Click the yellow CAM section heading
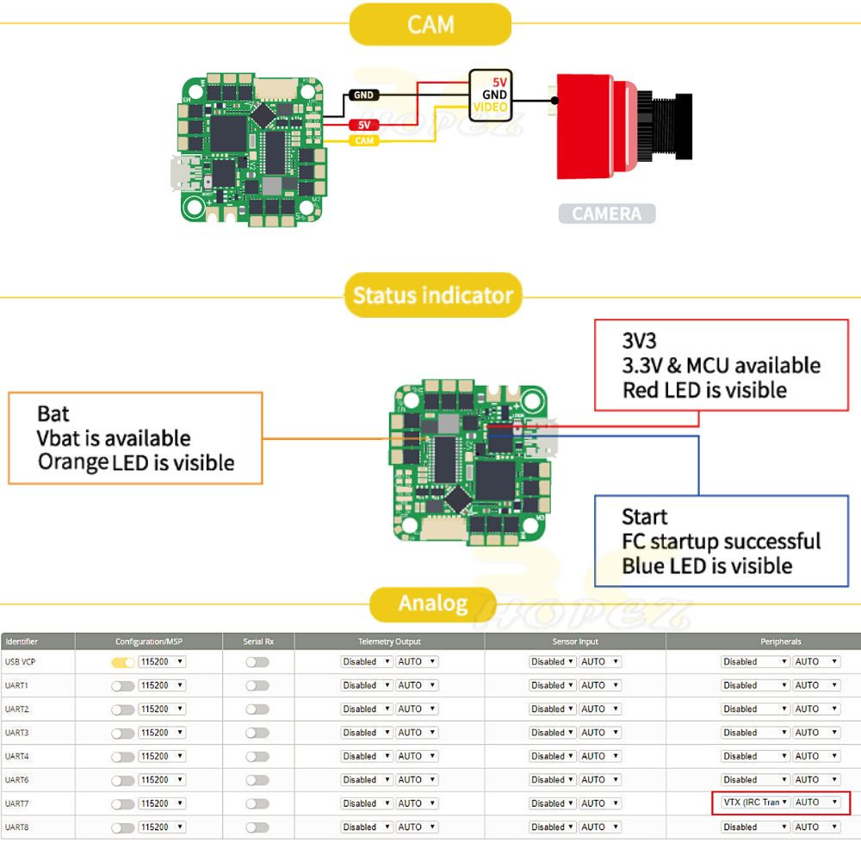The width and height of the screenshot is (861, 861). pyautogui.click(x=430, y=24)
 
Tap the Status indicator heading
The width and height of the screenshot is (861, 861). pyautogui.click(x=432, y=296)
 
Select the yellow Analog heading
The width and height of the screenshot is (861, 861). pyautogui.click(x=432, y=604)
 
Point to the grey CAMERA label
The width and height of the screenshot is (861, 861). pyautogui.click(x=606, y=214)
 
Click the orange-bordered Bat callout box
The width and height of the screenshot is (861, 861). pyautogui.click(x=135, y=437)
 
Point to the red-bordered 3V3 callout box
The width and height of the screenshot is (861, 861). pyautogui.click(x=721, y=365)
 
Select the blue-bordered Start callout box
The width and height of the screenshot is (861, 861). pyautogui.click(x=721, y=541)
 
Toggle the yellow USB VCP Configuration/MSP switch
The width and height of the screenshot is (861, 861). pyautogui.click(x=123, y=662)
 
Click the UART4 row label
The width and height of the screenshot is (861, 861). pyautogui.click(x=17, y=756)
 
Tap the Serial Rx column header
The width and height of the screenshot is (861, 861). pyautogui.click(x=257, y=641)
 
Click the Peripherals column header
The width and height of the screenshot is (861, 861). pyautogui.click(x=780, y=641)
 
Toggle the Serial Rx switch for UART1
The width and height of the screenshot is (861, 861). pyautogui.click(x=257, y=685)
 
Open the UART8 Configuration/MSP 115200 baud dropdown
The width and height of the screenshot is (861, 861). pyautogui.click(x=162, y=827)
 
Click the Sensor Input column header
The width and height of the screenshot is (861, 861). pyautogui.click(x=574, y=641)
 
